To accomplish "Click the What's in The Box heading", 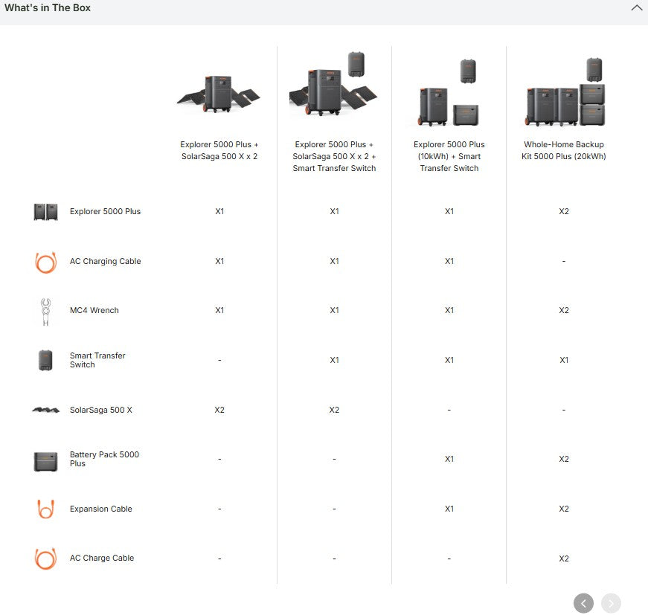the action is point(48,8).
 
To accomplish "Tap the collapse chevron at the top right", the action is point(636,7).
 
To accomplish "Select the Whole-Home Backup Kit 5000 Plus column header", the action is point(564,150).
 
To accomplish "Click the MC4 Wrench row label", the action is point(94,310).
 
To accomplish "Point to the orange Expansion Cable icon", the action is point(45,509).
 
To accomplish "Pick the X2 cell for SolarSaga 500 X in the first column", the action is point(219,410).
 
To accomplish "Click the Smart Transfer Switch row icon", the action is point(45,360).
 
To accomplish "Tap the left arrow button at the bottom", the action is point(583,603).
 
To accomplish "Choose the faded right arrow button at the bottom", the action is point(612,603).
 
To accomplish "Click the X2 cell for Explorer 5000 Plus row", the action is point(564,211).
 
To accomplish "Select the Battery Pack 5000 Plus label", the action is point(104,459).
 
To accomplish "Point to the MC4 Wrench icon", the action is point(45,312).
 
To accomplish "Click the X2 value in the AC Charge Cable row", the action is point(564,558).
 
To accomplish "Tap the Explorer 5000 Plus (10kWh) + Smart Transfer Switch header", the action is point(449,156).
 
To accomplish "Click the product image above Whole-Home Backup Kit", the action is point(565,91).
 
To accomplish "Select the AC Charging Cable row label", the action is point(106,261).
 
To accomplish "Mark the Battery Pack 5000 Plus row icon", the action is point(45,461).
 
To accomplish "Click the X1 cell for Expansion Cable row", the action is point(449,509).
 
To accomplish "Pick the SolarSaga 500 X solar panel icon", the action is point(46,410).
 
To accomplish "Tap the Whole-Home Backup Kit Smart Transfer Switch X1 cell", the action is point(564,360).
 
